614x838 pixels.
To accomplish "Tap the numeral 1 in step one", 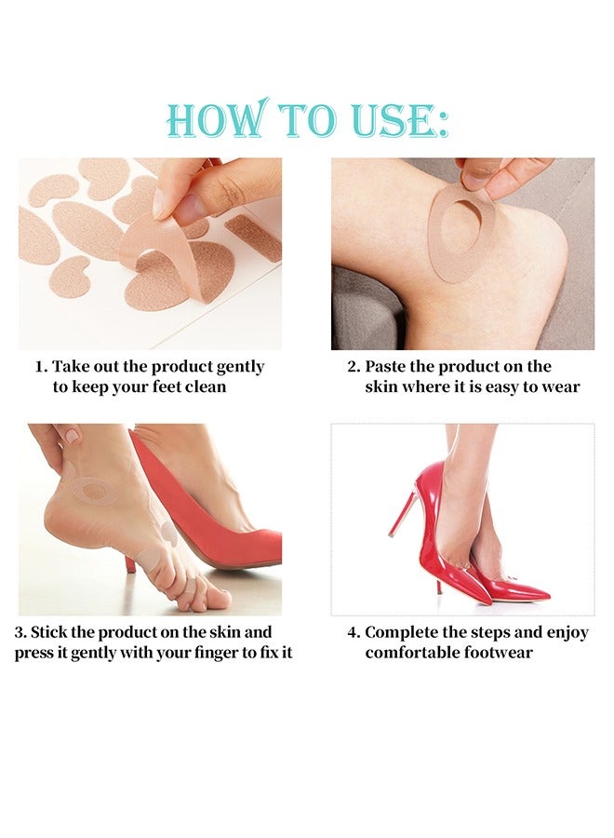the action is click(x=39, y=367).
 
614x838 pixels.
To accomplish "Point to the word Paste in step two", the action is click(x=385, y=367).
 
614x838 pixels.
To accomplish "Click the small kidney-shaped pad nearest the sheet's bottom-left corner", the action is click(x=70, y=275).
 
